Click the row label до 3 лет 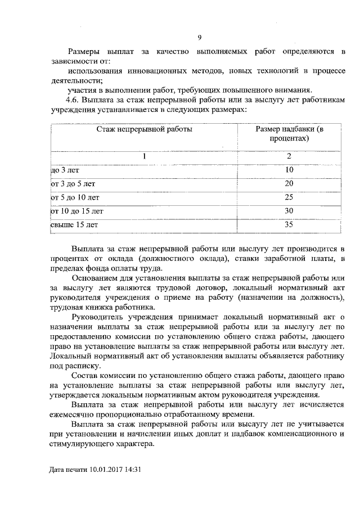(63, 170)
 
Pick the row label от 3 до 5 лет (73, 184)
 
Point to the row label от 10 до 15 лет (76, 211)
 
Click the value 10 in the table (289, 170)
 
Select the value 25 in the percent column (289, 197)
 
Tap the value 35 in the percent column (289, 226)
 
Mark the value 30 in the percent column (289, 211)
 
